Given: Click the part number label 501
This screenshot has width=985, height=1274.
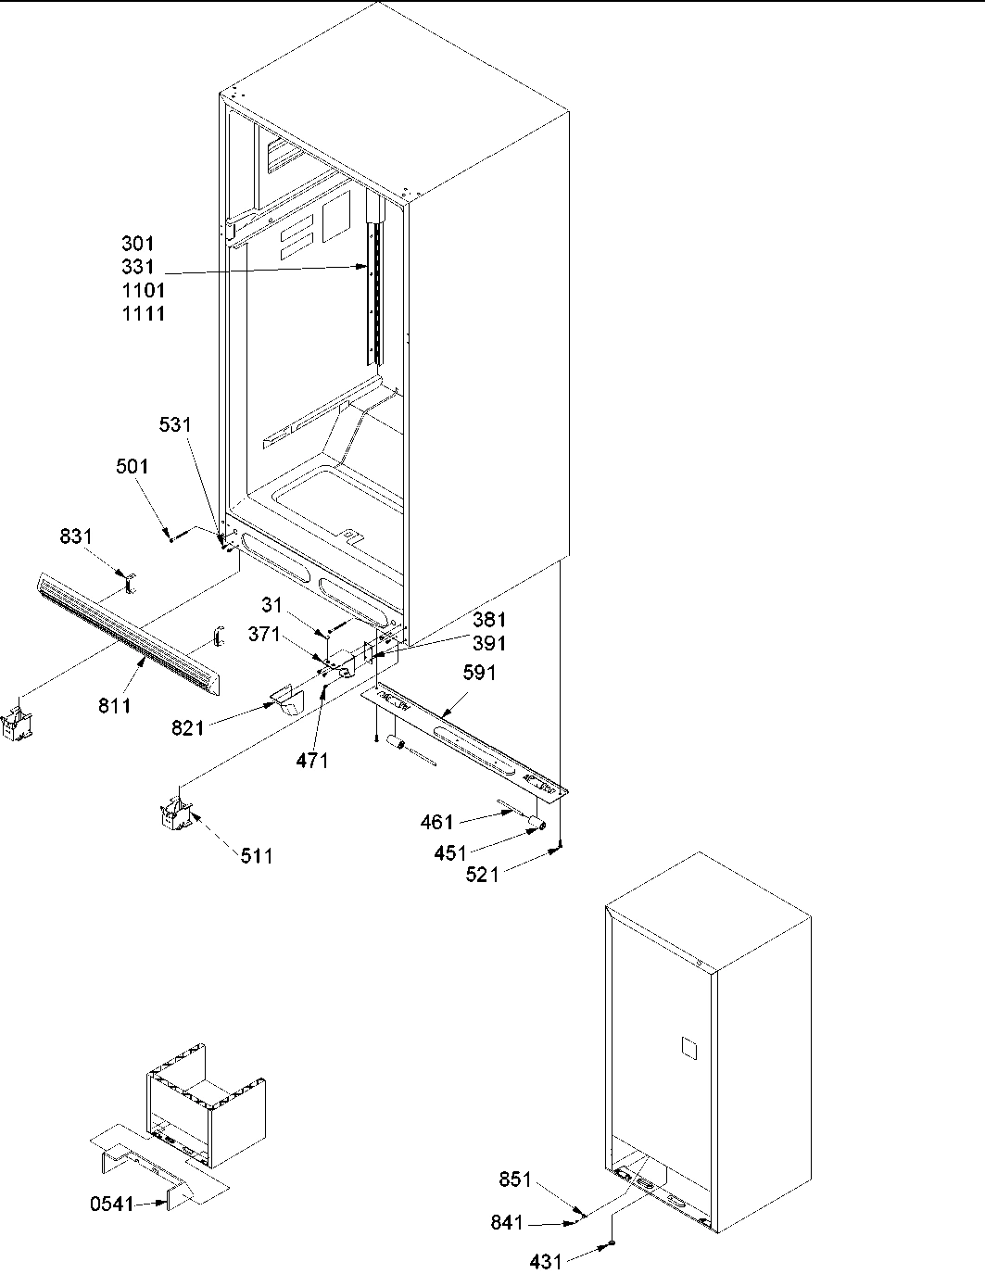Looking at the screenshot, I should [132, 467].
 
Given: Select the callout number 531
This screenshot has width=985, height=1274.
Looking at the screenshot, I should [174, 425].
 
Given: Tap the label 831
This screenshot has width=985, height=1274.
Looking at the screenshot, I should [76, 537].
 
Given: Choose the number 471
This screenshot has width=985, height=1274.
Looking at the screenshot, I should [312, 762].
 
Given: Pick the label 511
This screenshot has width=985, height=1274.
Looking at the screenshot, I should [257, 857].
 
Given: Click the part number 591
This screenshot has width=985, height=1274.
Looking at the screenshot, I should [478, 673].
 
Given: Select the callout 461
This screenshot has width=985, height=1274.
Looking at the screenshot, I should [437, 822].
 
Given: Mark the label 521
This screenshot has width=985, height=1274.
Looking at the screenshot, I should [482, 874].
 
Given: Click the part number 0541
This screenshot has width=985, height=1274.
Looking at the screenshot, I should [110, 1205].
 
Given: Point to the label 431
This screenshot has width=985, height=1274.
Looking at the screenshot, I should [545, 1262].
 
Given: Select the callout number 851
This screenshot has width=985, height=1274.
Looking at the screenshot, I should [515, 1180].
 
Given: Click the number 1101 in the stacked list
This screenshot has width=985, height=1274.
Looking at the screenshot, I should [144, 291].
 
